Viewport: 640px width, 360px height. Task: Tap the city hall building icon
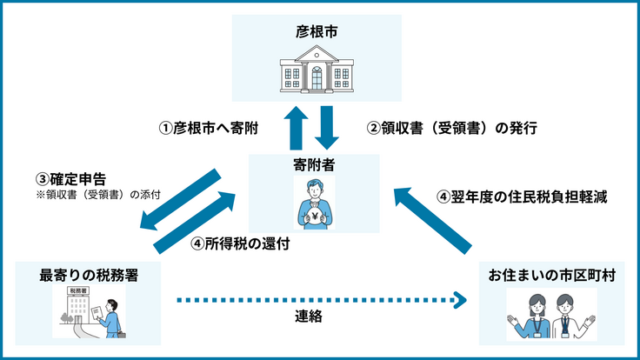pos(316,74)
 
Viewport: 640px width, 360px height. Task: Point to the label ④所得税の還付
pos(240,244)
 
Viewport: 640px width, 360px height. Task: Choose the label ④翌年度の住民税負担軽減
pos(522,197)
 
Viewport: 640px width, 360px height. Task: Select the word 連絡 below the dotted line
pos(309,317)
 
